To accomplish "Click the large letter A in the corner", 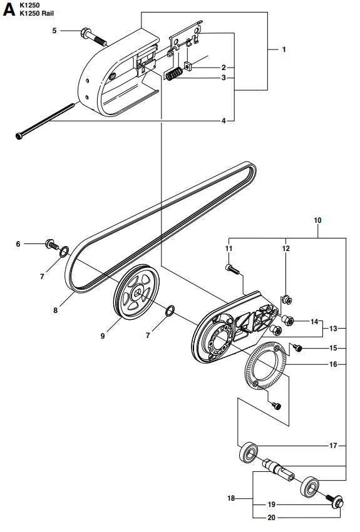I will pyautogui.click(x=9, y=11).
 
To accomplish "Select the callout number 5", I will pyautogui.click(x=54, y=30).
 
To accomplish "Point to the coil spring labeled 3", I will pyautogui.click(x=176, y=73).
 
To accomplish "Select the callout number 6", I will pyautogui.click(x=18, y=244).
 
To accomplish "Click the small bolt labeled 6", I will pyautogui.click(x=49, y=245).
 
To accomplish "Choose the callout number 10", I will pyautogui.click(x=317, y=220).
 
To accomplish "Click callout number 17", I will pyautogui.click(x=333, y=446).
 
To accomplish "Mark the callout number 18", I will pyautogui.click(x=232, y=499).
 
